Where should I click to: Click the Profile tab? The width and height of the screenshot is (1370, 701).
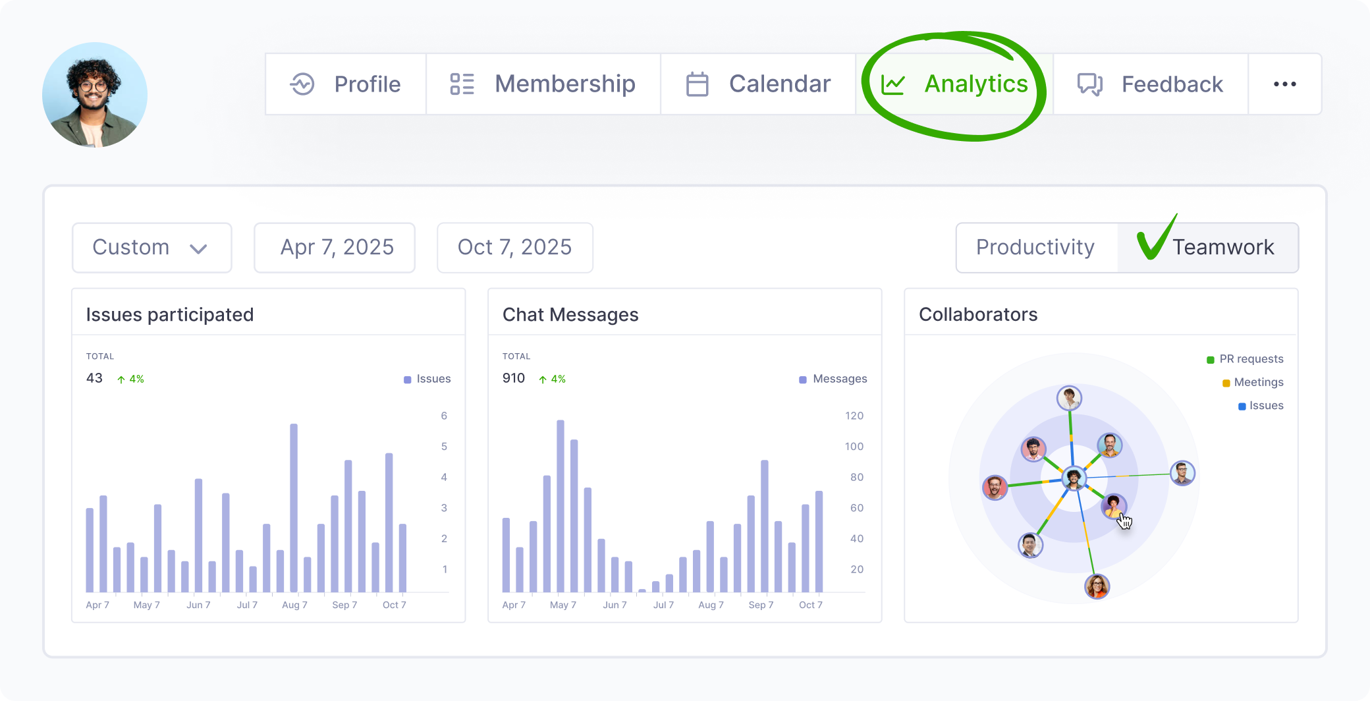tap(346, 84)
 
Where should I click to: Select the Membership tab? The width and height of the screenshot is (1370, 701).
tap(543, 84)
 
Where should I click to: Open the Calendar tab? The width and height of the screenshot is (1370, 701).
tap(758, 84)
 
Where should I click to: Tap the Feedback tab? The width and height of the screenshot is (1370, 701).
tap(1151, 84)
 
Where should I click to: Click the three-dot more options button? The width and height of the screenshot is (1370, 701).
tap(1284, 84)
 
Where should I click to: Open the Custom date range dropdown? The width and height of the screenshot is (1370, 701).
tap(151, 248)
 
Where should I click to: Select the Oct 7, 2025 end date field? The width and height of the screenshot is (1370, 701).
tap(514, 248)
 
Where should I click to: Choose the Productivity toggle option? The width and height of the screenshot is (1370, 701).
tap(1035, 248)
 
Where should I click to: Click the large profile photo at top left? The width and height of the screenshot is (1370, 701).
tap(95, 95)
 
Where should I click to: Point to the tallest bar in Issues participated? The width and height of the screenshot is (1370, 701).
tap(294, 507)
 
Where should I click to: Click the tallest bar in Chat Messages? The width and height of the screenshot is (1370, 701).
tap(561, 506)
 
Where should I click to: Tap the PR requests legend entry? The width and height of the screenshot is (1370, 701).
tap(1245, 359)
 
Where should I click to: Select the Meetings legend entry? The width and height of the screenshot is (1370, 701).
tap(1253, 382)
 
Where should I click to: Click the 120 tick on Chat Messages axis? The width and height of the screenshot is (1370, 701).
tap(854, 416)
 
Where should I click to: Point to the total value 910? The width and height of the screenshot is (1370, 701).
tap(514, 378)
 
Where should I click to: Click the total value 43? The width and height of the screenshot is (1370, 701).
tap(94, 378)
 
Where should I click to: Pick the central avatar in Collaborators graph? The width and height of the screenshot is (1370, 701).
tap(1074, 477)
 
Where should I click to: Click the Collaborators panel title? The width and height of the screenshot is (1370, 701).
tap(978, 314)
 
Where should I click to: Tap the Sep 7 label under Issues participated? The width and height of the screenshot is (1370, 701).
tap(344, 605)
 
